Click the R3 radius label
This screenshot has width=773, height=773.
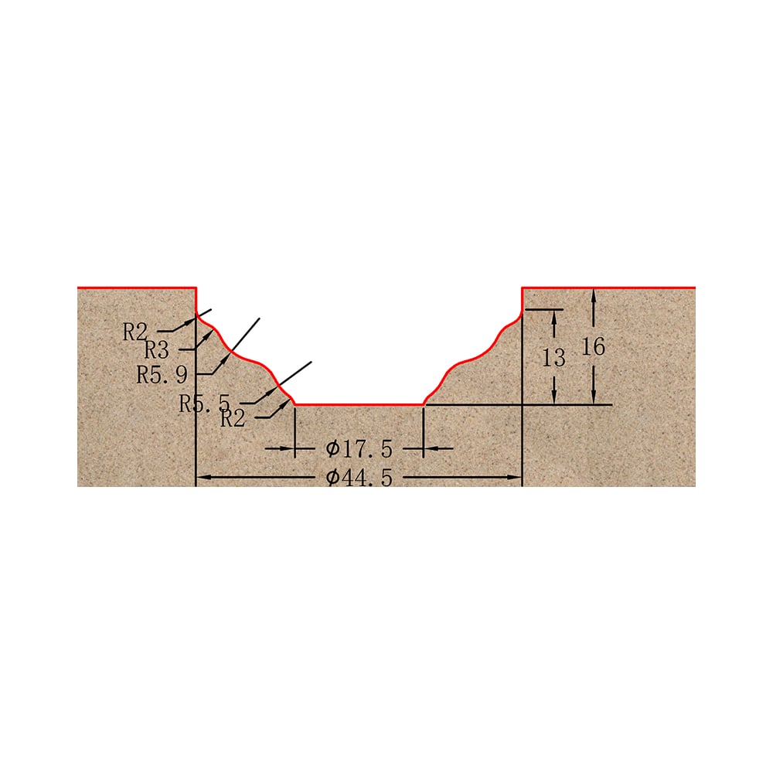point(157,350)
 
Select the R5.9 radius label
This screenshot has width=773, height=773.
point(162,375)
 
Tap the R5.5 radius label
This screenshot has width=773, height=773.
point(205,404)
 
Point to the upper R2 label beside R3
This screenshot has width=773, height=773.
point(135,332)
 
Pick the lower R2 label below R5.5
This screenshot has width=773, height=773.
point(233,418)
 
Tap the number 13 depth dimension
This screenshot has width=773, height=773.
point(553,357)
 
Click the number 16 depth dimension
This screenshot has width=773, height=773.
point(593,346)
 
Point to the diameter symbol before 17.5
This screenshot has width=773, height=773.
point(332,448)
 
